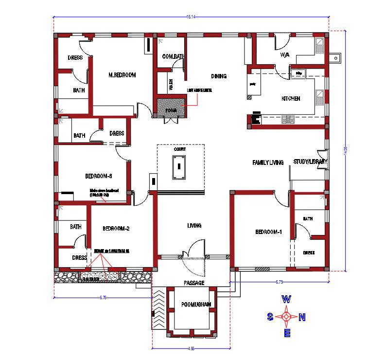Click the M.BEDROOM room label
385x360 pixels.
122,75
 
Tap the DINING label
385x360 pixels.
219,76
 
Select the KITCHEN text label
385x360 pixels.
291,99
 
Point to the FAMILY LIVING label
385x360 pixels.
267,162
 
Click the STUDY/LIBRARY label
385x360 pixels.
310,162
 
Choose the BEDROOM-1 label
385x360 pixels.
268,232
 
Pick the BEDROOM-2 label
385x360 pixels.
116,228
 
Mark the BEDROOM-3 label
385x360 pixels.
99,176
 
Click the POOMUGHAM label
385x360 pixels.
196,305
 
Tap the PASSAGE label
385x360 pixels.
194,283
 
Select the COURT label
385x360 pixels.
180,150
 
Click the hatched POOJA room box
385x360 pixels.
171,108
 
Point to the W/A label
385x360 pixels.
284,55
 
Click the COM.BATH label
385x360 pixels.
173,56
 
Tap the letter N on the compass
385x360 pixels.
302,318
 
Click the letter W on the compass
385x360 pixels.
287,299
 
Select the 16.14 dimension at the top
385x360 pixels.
191,17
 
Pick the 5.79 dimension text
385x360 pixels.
279,282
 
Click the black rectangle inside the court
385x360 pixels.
179,166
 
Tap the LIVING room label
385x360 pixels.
194,226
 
